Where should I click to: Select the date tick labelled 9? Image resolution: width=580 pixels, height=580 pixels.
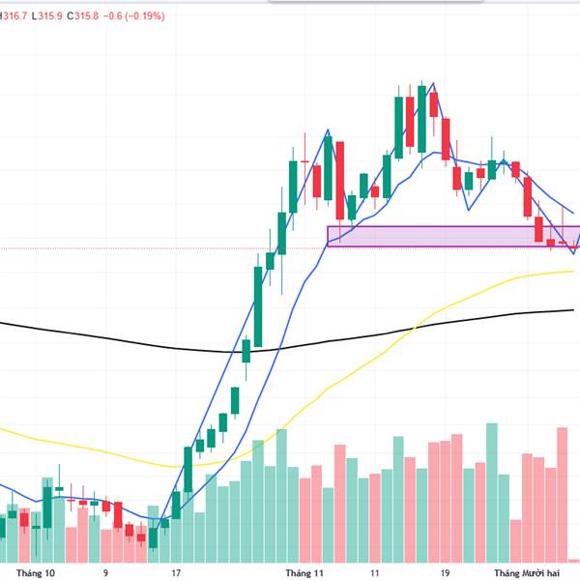tap(105, 572)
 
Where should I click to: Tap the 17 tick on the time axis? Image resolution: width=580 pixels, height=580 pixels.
tap(174, 572)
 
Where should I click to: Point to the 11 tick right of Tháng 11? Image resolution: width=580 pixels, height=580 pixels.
tap(374, 572)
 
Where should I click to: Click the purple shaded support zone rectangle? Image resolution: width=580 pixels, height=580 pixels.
tap(445, 236)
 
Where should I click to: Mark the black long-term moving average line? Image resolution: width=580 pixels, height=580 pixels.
tap(145, 341)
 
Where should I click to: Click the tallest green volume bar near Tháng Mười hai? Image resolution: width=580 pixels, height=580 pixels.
tap(492, 493)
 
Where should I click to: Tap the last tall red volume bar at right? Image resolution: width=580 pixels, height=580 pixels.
tap(563, 493)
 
